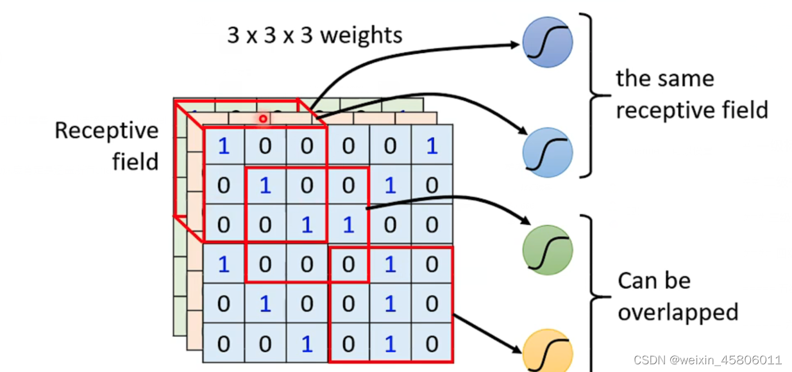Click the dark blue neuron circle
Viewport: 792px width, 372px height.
pos(547,43)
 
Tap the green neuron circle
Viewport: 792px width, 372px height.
pos(547,250)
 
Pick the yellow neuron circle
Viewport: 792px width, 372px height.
pos(547,352)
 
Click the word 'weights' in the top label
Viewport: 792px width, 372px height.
pos(361,35)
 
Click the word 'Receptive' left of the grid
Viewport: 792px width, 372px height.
pos(106,131)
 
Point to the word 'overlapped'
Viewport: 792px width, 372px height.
pos(678,312)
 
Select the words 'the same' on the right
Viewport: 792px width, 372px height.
pos(665,79)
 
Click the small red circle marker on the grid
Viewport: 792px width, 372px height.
pos(263,118)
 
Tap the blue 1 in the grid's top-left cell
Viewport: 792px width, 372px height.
pos(223,147)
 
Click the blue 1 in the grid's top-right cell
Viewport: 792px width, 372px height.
pos(432,147)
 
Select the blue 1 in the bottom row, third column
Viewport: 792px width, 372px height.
pos(307,344)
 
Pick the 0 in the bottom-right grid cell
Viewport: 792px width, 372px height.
pos(432,344)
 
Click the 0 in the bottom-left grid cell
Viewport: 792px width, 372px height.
pos(223,344)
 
